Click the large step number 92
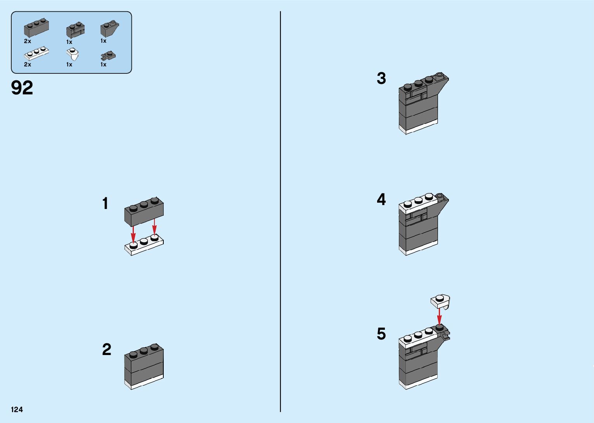click(22, 88)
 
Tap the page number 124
click(17, 409)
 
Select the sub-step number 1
click(105, 204)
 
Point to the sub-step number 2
click(107, 350)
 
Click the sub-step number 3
click(381, 78)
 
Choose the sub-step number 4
click(381, 200)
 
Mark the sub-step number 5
click(381, 334)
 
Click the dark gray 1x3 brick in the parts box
click(36, 28)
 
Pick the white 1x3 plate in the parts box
click(36, 53)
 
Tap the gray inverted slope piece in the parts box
click(109, 29)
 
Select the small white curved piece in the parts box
click(74, 54)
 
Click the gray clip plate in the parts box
click(109, 56)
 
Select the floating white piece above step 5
click(440, 301)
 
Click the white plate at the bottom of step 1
click(144, 246)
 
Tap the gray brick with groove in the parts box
click(75, 30)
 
